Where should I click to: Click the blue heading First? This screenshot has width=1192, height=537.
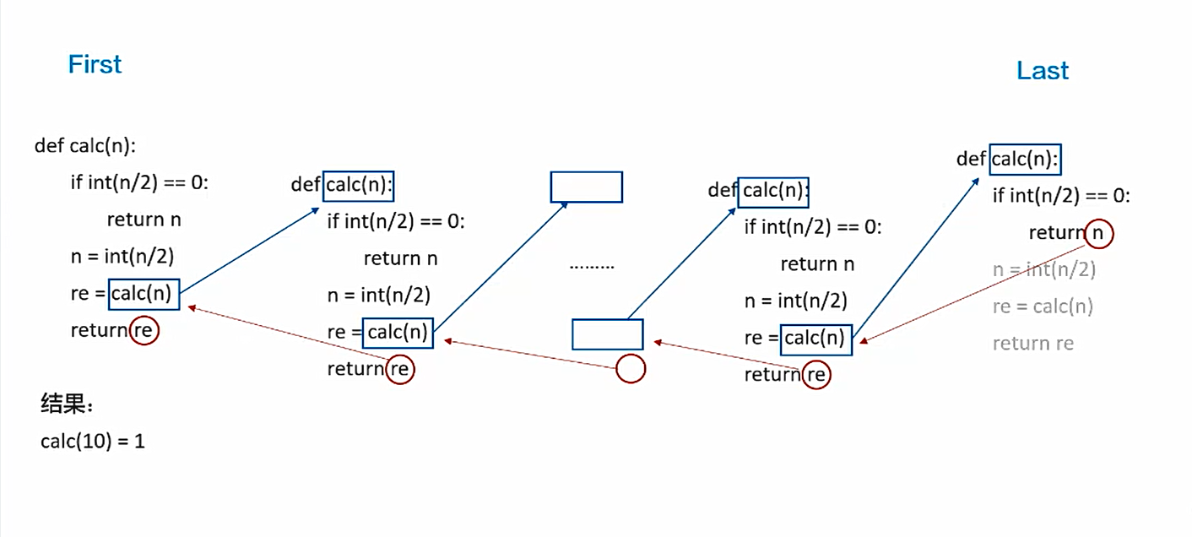[95, 64]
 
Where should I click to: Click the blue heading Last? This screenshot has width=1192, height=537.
[1043, 70]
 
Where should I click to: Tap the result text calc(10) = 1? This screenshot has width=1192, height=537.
[93, 441]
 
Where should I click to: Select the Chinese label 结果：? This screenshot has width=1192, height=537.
[68, 404]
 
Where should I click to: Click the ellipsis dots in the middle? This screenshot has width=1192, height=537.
[592, 265]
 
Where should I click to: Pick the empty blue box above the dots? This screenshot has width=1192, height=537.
[587, 187]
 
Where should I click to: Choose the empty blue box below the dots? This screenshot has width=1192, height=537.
[608, 334]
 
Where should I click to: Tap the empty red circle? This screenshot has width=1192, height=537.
[631, 369]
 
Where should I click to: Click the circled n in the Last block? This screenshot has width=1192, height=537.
[1097, 233]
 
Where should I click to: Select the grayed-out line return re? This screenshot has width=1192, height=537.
[1033, 344]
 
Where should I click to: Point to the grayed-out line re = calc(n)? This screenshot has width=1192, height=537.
[1043, 306]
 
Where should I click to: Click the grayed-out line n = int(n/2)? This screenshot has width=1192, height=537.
[1044, 270]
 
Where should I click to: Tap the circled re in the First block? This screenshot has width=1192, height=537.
[144, 330]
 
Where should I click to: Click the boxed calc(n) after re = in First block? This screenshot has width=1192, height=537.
[144, 294]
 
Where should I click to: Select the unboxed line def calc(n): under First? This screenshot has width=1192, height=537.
[85, 145]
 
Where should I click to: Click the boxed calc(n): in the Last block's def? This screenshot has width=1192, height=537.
[1026, 160]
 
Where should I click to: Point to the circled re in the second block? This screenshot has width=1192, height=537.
[400, 369]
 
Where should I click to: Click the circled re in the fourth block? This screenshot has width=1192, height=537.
[816, 374]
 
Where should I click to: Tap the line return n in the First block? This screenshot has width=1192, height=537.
[144, 220]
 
